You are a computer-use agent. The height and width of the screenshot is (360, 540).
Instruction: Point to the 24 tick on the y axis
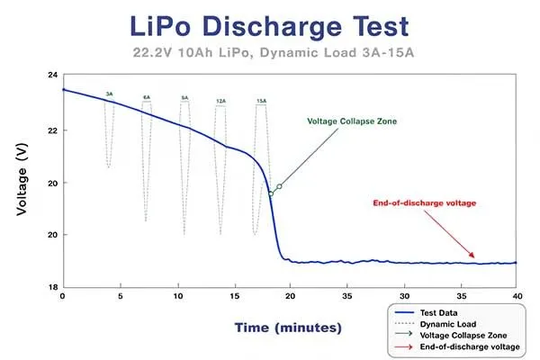tap(51, 76)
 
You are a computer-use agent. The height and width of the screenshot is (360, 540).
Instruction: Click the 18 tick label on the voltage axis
tap(51, 287)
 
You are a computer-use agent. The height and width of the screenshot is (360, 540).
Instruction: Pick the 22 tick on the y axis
tap(51, 130)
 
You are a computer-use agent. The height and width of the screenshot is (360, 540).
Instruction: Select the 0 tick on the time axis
tap(62, 295)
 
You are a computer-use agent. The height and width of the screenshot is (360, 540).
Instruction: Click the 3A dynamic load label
tap(109, 94)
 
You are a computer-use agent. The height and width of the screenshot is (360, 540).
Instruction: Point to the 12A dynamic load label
tap(220, 102)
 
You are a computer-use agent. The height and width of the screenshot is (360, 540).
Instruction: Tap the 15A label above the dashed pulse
tap(261, 101)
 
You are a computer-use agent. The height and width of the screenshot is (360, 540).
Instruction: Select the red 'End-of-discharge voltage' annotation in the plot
tap(424, 202)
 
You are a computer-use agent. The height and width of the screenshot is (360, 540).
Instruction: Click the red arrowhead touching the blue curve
tap(471, 258)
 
